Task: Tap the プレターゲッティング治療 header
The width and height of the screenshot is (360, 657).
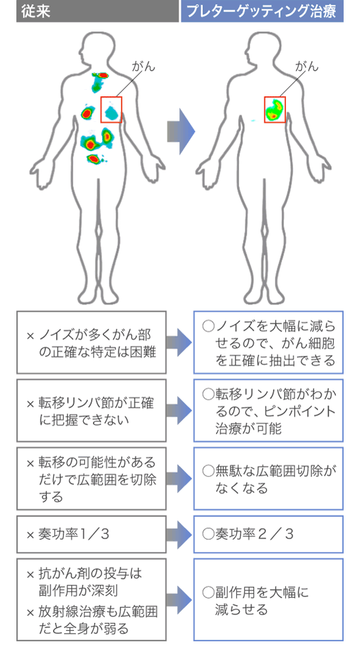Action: (x=261, y=11)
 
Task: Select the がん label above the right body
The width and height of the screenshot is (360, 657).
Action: (x=307, y=66)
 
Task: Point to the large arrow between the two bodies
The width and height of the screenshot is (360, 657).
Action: (x=181, y=132)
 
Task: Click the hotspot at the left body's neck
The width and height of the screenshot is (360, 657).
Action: (x=100, y=75)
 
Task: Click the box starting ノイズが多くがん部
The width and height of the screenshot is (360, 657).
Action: (x=91, y=343)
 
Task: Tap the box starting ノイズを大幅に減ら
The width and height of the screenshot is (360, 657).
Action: (x=268, y=343)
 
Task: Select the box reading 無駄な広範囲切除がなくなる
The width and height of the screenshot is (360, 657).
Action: (x=268, y=479)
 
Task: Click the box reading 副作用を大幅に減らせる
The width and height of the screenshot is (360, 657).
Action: (x=268, y=599)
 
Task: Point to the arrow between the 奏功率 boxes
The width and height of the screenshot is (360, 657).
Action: (x=179, y=535)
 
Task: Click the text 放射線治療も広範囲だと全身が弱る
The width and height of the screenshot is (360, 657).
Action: (x=92, y=620)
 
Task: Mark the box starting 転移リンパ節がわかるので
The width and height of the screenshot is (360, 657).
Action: (x=268, y=411)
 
